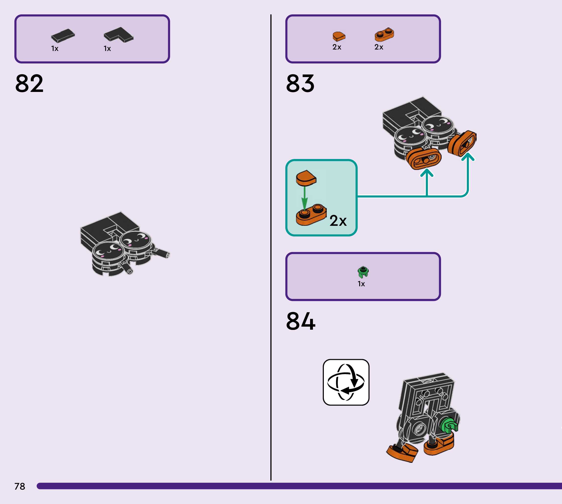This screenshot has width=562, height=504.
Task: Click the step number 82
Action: [29, 83]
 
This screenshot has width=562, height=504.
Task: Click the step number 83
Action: [300, 83]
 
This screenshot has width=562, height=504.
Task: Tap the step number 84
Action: [301, 321]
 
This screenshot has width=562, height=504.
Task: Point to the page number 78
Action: [20, 486]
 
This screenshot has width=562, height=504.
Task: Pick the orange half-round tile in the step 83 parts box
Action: [339, 36]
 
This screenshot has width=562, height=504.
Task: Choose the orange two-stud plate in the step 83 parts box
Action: [384, 34]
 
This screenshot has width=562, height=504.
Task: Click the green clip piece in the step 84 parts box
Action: [363, 272]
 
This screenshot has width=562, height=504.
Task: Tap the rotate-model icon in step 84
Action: [346, 382]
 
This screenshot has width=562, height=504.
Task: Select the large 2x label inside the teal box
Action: [338, 221]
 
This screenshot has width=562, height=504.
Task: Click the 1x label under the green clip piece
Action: [361, 284]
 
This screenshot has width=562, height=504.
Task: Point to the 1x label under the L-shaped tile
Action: [107, 49]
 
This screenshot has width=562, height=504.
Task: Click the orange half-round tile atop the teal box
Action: [306, 178]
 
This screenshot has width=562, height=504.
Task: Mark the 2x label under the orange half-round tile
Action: [337, 47]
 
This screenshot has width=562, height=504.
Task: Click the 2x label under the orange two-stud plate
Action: [379, 47]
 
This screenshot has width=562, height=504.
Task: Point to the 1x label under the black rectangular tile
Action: [55, 49]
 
